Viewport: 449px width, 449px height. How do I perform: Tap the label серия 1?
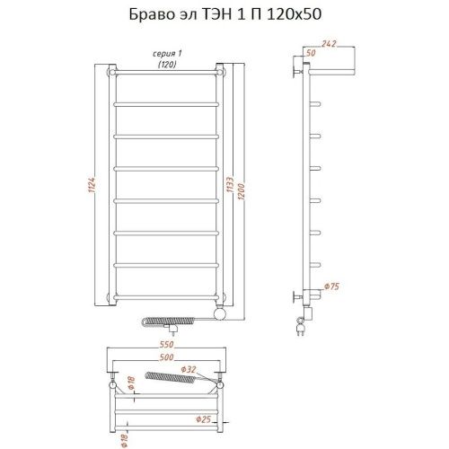pos(166,55)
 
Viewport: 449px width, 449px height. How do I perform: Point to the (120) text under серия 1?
pos(166,65)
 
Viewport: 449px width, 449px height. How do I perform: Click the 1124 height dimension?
pos(93,185)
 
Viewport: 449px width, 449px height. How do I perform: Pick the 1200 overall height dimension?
pos(243,185)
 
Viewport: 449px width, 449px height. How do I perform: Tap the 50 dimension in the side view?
pos(312,56)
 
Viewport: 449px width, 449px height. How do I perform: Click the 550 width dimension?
pos(166,345)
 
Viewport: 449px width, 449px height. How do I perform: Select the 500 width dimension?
pos(166,357)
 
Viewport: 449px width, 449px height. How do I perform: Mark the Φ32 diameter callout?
pos(189,369)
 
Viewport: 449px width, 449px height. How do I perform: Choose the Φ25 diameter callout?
pos(204,418)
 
